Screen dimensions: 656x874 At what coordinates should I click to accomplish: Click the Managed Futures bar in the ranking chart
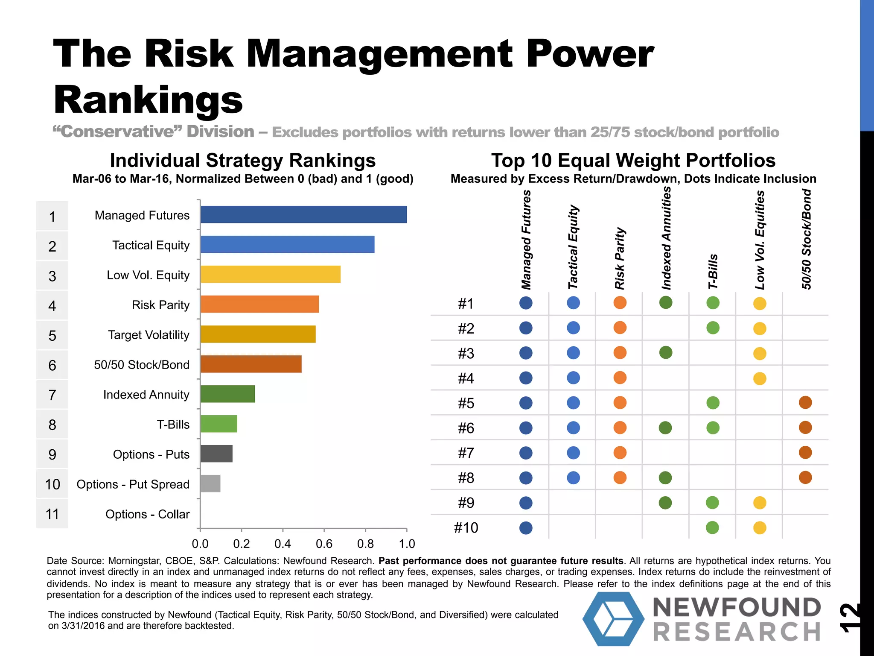coord(303,214)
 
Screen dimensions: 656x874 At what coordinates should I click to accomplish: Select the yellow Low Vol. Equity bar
coord(270,274)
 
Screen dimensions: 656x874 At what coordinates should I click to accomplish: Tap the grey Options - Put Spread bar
coord(210,483)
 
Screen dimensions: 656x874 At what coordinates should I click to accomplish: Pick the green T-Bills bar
coord(218,424)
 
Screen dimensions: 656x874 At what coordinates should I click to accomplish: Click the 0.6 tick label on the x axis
coord(324,544)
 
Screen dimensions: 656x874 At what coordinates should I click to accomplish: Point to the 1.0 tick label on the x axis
coord(407,544)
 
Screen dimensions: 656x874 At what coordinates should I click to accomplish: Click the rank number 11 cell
coord(52,514)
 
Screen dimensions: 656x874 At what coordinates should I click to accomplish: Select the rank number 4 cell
coord(52,306)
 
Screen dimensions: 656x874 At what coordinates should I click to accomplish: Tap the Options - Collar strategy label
coord(147,514)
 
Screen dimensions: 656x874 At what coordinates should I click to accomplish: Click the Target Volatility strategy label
coord(149,335)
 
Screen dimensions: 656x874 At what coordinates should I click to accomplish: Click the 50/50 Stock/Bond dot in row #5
coord(805,402)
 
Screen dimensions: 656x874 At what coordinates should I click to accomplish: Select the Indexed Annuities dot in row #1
coord(666,303)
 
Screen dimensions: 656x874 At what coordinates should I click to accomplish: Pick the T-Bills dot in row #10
coord(712,527)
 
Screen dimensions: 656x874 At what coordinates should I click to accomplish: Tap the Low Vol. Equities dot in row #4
coord(760,378)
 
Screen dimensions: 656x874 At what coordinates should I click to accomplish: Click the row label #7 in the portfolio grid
coord(466,453)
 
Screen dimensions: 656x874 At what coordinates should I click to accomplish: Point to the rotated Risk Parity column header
coord(620,258)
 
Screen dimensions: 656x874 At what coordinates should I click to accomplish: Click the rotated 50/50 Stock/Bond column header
coord(806,239)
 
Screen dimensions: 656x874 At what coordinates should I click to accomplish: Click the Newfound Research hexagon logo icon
coord(613,618)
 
